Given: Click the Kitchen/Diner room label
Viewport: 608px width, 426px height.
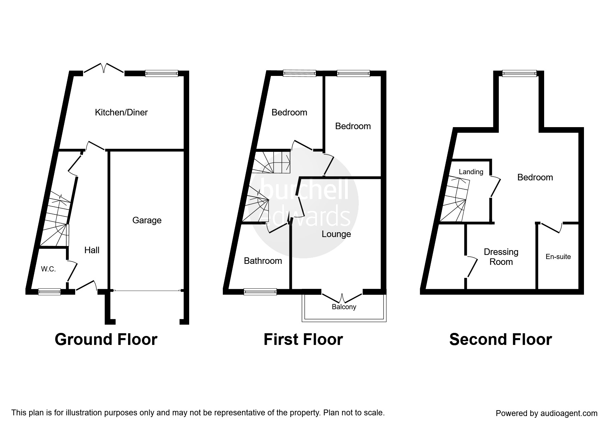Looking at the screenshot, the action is pos(121,112).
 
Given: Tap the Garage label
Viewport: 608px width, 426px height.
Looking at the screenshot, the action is pos(147,220).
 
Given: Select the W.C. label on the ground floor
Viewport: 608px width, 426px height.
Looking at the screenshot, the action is pos(48,269).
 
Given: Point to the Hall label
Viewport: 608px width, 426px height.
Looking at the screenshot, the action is pos(92,250).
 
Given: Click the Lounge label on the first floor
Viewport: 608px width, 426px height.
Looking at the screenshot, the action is pos(336,234).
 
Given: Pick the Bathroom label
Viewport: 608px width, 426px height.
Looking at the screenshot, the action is pos(263,261).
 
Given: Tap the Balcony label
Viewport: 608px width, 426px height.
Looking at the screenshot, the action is pos(344,307).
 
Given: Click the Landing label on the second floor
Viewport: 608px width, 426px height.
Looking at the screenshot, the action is pos(471,172).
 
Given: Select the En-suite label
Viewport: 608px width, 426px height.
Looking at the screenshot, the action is pos(558,257).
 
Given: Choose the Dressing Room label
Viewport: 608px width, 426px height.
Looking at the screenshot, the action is pos(501,257).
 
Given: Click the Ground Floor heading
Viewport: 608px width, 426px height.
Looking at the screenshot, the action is pos(106,339).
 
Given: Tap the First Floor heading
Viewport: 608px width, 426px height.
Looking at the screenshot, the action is pos(303,339).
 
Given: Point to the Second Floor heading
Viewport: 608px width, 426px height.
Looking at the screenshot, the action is pos(500,339).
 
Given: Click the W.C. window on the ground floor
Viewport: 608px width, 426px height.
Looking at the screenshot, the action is pos(49,292).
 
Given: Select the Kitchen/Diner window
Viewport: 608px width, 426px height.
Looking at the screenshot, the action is pos(161,73).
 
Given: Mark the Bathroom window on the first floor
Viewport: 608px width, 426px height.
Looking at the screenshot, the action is pos(260,292).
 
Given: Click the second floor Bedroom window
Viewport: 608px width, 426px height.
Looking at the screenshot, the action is pos(519,73).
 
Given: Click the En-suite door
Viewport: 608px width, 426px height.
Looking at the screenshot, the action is pos(552,228).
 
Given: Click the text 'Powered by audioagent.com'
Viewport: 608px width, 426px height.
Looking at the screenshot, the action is pos(547,413).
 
